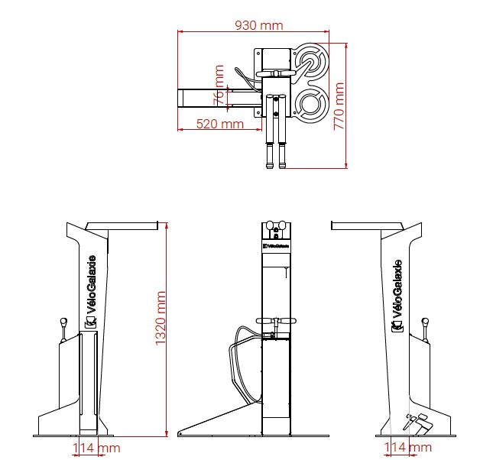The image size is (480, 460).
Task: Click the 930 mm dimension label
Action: pyautogui.click(x=258, y=25)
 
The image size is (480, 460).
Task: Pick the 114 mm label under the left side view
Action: pyautogui.click(x=96, y=447)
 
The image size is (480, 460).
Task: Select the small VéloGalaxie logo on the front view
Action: pyautogui.click(x=276, y=247)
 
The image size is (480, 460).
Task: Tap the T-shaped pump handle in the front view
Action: pyautogui.click(x=275, y=322)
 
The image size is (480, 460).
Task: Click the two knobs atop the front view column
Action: pyautogui.click(x=276, y=226)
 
